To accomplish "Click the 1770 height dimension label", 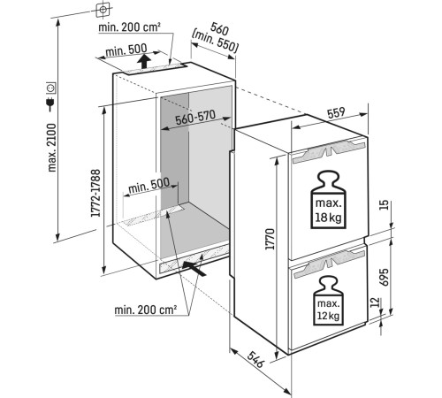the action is click(x=270, y=239).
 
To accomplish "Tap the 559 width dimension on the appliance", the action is click(x=336, y=112).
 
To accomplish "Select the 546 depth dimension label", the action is click(x=255, y=359).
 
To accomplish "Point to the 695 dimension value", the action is click(x=384, y=277).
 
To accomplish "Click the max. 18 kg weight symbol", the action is click(x=329, y=200).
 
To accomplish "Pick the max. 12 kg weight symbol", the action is click(x=329, y=301).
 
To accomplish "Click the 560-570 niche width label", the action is click(x=195, y=117).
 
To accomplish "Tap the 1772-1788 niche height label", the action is click(x=95, y=193).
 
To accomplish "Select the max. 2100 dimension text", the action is click(x=51, y=148).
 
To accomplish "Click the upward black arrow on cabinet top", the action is click(x=144, y=61).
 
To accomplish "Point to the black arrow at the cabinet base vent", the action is click(x=194, y=267).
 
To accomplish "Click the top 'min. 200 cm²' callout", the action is click(x=129, y=27).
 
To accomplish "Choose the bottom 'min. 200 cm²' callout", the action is click(x=146, y=310).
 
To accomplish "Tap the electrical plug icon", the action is click(x=50, y=104).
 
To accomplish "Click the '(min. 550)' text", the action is click(x=214, y=42).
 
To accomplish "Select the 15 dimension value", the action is click(x=385, y=204).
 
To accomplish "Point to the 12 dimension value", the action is click(x=375, y=302).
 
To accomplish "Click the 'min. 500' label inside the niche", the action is click(x=149, y=186).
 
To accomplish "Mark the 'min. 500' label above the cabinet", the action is click(x=126, y=50).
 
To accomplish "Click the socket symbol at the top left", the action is click(x=103, y=10).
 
